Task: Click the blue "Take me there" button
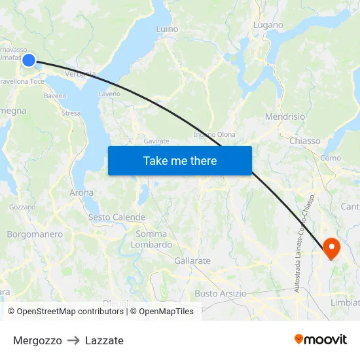pos(180,160)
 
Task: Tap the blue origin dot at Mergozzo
pos(29,60)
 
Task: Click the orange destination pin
pos(331,248)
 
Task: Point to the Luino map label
pos(167,29)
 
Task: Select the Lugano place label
pos(268,25)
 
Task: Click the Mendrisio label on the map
pos(285,117)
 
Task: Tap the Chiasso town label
pos(304,141)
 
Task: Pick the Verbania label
pos(81,73)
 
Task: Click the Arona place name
pos(81,192)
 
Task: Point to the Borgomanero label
pos(35,234)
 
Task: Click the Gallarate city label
pos(192,261)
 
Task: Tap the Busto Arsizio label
pos(221,293)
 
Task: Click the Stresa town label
pos(71,113)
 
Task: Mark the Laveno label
pos(109,94)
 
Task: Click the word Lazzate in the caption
pos(104,340)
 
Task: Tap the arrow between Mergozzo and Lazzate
pos(73,340)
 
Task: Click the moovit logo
pos(321,339)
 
